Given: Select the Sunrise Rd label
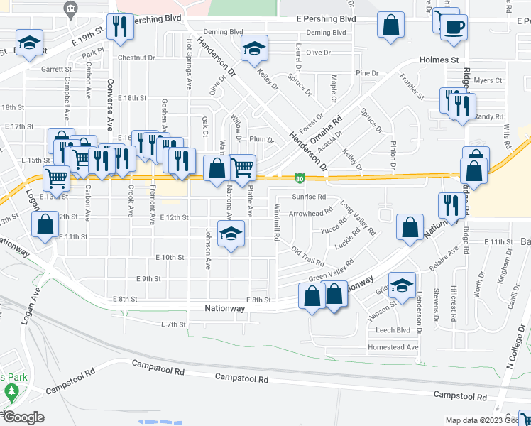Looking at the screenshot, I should click(308, 197).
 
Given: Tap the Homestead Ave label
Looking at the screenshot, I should click(393, 347).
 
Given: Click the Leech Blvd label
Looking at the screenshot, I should click(394, 330).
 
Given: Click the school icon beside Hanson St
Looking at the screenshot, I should click(402, 287).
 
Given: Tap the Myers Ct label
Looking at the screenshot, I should click(488, 81).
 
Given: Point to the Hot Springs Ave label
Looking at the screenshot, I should click(190, 64).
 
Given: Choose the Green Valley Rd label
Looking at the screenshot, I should click(331, 271).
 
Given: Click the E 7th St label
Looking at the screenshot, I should click(173, 324).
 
